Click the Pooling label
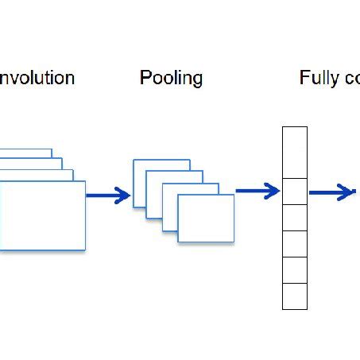171,78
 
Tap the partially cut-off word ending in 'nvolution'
37,78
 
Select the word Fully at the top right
317,78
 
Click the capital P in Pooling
145,78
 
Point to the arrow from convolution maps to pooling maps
107,195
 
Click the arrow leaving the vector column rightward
331,192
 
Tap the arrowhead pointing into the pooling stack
123,195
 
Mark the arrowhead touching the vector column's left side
274,191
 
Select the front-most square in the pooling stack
206,218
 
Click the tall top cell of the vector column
295,152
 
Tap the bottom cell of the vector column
295,296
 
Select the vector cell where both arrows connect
295,192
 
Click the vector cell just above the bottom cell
295,269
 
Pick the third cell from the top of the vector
295,217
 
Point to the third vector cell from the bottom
295,243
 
